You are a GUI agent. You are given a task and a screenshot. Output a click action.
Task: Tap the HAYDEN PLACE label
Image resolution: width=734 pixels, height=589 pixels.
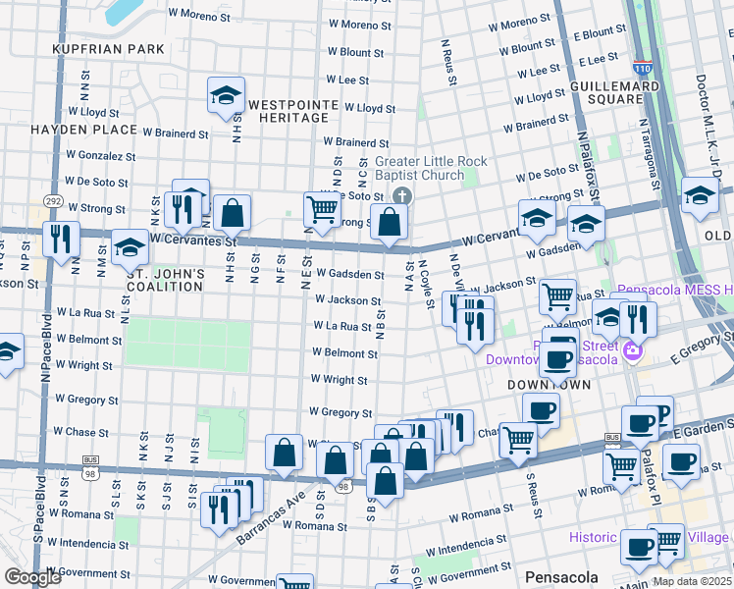pos(83,130)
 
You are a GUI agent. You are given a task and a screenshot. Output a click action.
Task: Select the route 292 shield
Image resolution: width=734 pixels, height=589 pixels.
pos(53,201)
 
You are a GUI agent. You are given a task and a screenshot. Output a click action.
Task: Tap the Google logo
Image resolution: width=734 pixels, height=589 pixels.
pos(32,576)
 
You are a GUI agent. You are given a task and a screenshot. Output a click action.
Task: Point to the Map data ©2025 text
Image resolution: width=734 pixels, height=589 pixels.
pos(692,581)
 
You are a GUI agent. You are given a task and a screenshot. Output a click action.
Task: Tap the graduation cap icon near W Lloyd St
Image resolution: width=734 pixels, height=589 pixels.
pos(226,96)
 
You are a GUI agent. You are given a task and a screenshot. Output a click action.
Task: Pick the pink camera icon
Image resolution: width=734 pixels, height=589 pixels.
pos(633,350)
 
